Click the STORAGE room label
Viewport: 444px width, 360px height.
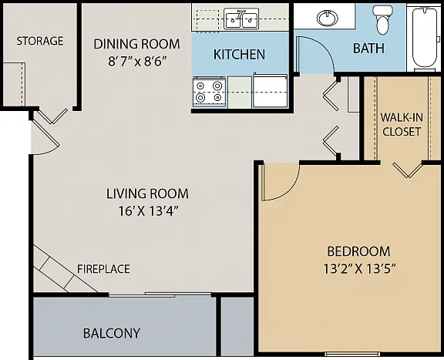pos(40,41)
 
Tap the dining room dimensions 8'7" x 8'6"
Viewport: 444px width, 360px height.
pos(136,61)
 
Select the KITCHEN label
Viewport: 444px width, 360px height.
pos(239,55)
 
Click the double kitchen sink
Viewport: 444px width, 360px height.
pos(241,19)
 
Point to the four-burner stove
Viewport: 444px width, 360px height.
pos(209,92)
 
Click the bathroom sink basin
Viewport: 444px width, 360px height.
pos(328,18)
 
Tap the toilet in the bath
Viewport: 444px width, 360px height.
pos(382,20)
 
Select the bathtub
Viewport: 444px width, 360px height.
pos(425,38)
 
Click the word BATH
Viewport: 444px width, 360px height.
pos(368,48)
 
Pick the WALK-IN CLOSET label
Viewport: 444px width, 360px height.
pos(402,124)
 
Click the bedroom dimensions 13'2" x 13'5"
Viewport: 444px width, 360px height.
pos(359,268)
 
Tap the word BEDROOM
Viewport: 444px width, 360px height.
pos(358,251)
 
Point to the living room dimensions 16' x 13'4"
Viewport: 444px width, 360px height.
pos(148,211)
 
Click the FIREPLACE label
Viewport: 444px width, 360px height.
pos(103,269)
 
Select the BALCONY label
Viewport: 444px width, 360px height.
pos(112,333)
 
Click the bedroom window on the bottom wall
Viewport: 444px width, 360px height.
pos(352,354)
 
